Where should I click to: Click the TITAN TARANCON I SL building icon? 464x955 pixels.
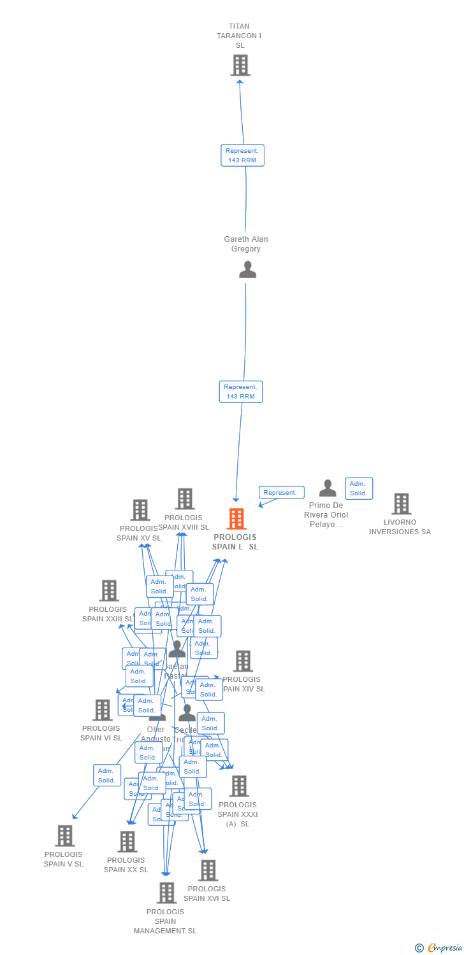(x=240, y=65)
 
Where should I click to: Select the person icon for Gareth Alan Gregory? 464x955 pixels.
(x=247, y=269)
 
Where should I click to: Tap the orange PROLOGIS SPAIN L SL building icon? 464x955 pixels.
(x=236, y=519)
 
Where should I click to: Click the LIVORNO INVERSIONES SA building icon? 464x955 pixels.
(x=401, y=504)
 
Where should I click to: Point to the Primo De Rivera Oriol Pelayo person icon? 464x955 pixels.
(x=328, y=488)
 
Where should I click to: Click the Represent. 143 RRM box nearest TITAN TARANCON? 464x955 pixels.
(x=242, y=155)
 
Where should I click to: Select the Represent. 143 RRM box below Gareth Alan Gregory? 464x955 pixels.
(x=240, y=392)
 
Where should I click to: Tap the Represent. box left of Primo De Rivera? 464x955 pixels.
(x=281, y=493)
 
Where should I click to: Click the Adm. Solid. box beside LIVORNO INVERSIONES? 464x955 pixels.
(x=359, y=488)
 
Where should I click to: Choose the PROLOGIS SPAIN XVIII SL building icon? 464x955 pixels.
(x=185, y=499)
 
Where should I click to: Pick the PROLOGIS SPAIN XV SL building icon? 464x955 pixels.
(x=140, y=510)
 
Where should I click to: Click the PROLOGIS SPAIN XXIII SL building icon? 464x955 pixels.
(x=109, y=591)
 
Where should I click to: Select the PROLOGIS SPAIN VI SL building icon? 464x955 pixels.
(x=102, y=710)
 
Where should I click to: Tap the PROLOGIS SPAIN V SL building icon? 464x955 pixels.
(x=64, y=836)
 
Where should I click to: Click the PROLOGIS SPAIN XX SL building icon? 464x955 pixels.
(x=127, y=842)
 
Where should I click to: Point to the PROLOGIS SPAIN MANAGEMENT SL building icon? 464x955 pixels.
(x=166, y=893)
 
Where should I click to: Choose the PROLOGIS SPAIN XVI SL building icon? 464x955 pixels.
(x=208, y=870)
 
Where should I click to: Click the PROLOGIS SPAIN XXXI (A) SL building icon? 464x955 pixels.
(x=239, y=786)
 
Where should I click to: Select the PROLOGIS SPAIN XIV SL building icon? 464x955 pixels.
(x=243, y=661)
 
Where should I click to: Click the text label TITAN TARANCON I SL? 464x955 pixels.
(x=239, y=36)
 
